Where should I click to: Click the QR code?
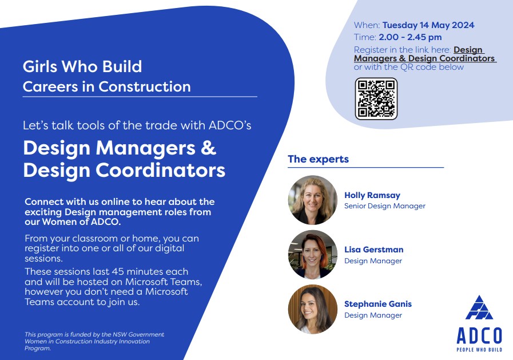tap(376, 99)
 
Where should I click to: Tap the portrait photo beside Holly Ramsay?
tap(312, 200)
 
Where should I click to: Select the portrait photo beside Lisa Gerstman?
tap(312, 255)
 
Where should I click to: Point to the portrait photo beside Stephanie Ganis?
tap(312, 309)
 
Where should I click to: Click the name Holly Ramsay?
tap(372, 195)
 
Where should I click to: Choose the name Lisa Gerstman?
tap(373, 250)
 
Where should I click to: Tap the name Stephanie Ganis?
tap(378, 304)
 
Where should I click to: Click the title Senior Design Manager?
tap(385, 206)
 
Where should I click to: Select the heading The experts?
tap(319, 159)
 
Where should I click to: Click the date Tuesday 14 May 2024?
tap(428, 25)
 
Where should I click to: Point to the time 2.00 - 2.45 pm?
tap(410, 37)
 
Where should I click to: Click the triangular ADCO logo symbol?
tap(479, 307)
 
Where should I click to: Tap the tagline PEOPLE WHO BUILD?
tap(479, 350)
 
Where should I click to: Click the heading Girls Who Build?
tap(82, 66)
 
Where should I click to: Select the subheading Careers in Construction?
tap(106, 87)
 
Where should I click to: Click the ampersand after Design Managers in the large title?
tap(208, 148)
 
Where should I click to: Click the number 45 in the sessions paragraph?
tap(118, 272)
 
